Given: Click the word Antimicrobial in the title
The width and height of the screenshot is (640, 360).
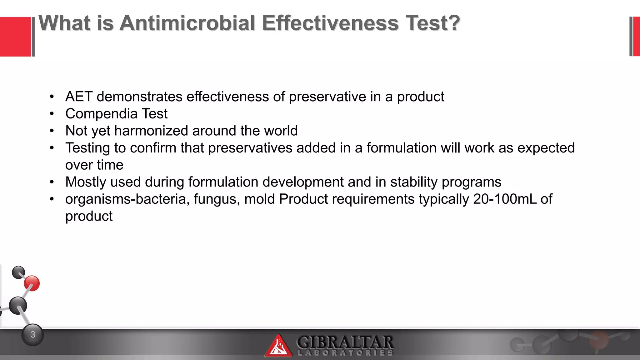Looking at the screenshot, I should tap(187, 23).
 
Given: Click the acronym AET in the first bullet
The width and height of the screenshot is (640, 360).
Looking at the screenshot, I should tap(79, 97).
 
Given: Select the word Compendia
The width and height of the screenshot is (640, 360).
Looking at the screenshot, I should tap(101, 114).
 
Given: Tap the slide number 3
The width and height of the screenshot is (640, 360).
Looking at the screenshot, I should tap(33, 335).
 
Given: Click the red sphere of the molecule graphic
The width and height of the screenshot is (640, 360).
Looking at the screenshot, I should tap(32, 283).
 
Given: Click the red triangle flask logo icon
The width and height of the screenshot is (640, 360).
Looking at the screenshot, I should tap(278, 346).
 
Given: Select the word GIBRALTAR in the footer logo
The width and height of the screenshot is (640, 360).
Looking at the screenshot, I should tap(345, 342).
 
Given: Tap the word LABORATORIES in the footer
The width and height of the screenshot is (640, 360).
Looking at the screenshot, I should tap(345, 353).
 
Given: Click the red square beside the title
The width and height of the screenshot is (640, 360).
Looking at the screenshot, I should tap(15, 37).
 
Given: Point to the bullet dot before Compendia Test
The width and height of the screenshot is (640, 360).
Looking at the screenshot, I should tap(52, 114).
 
